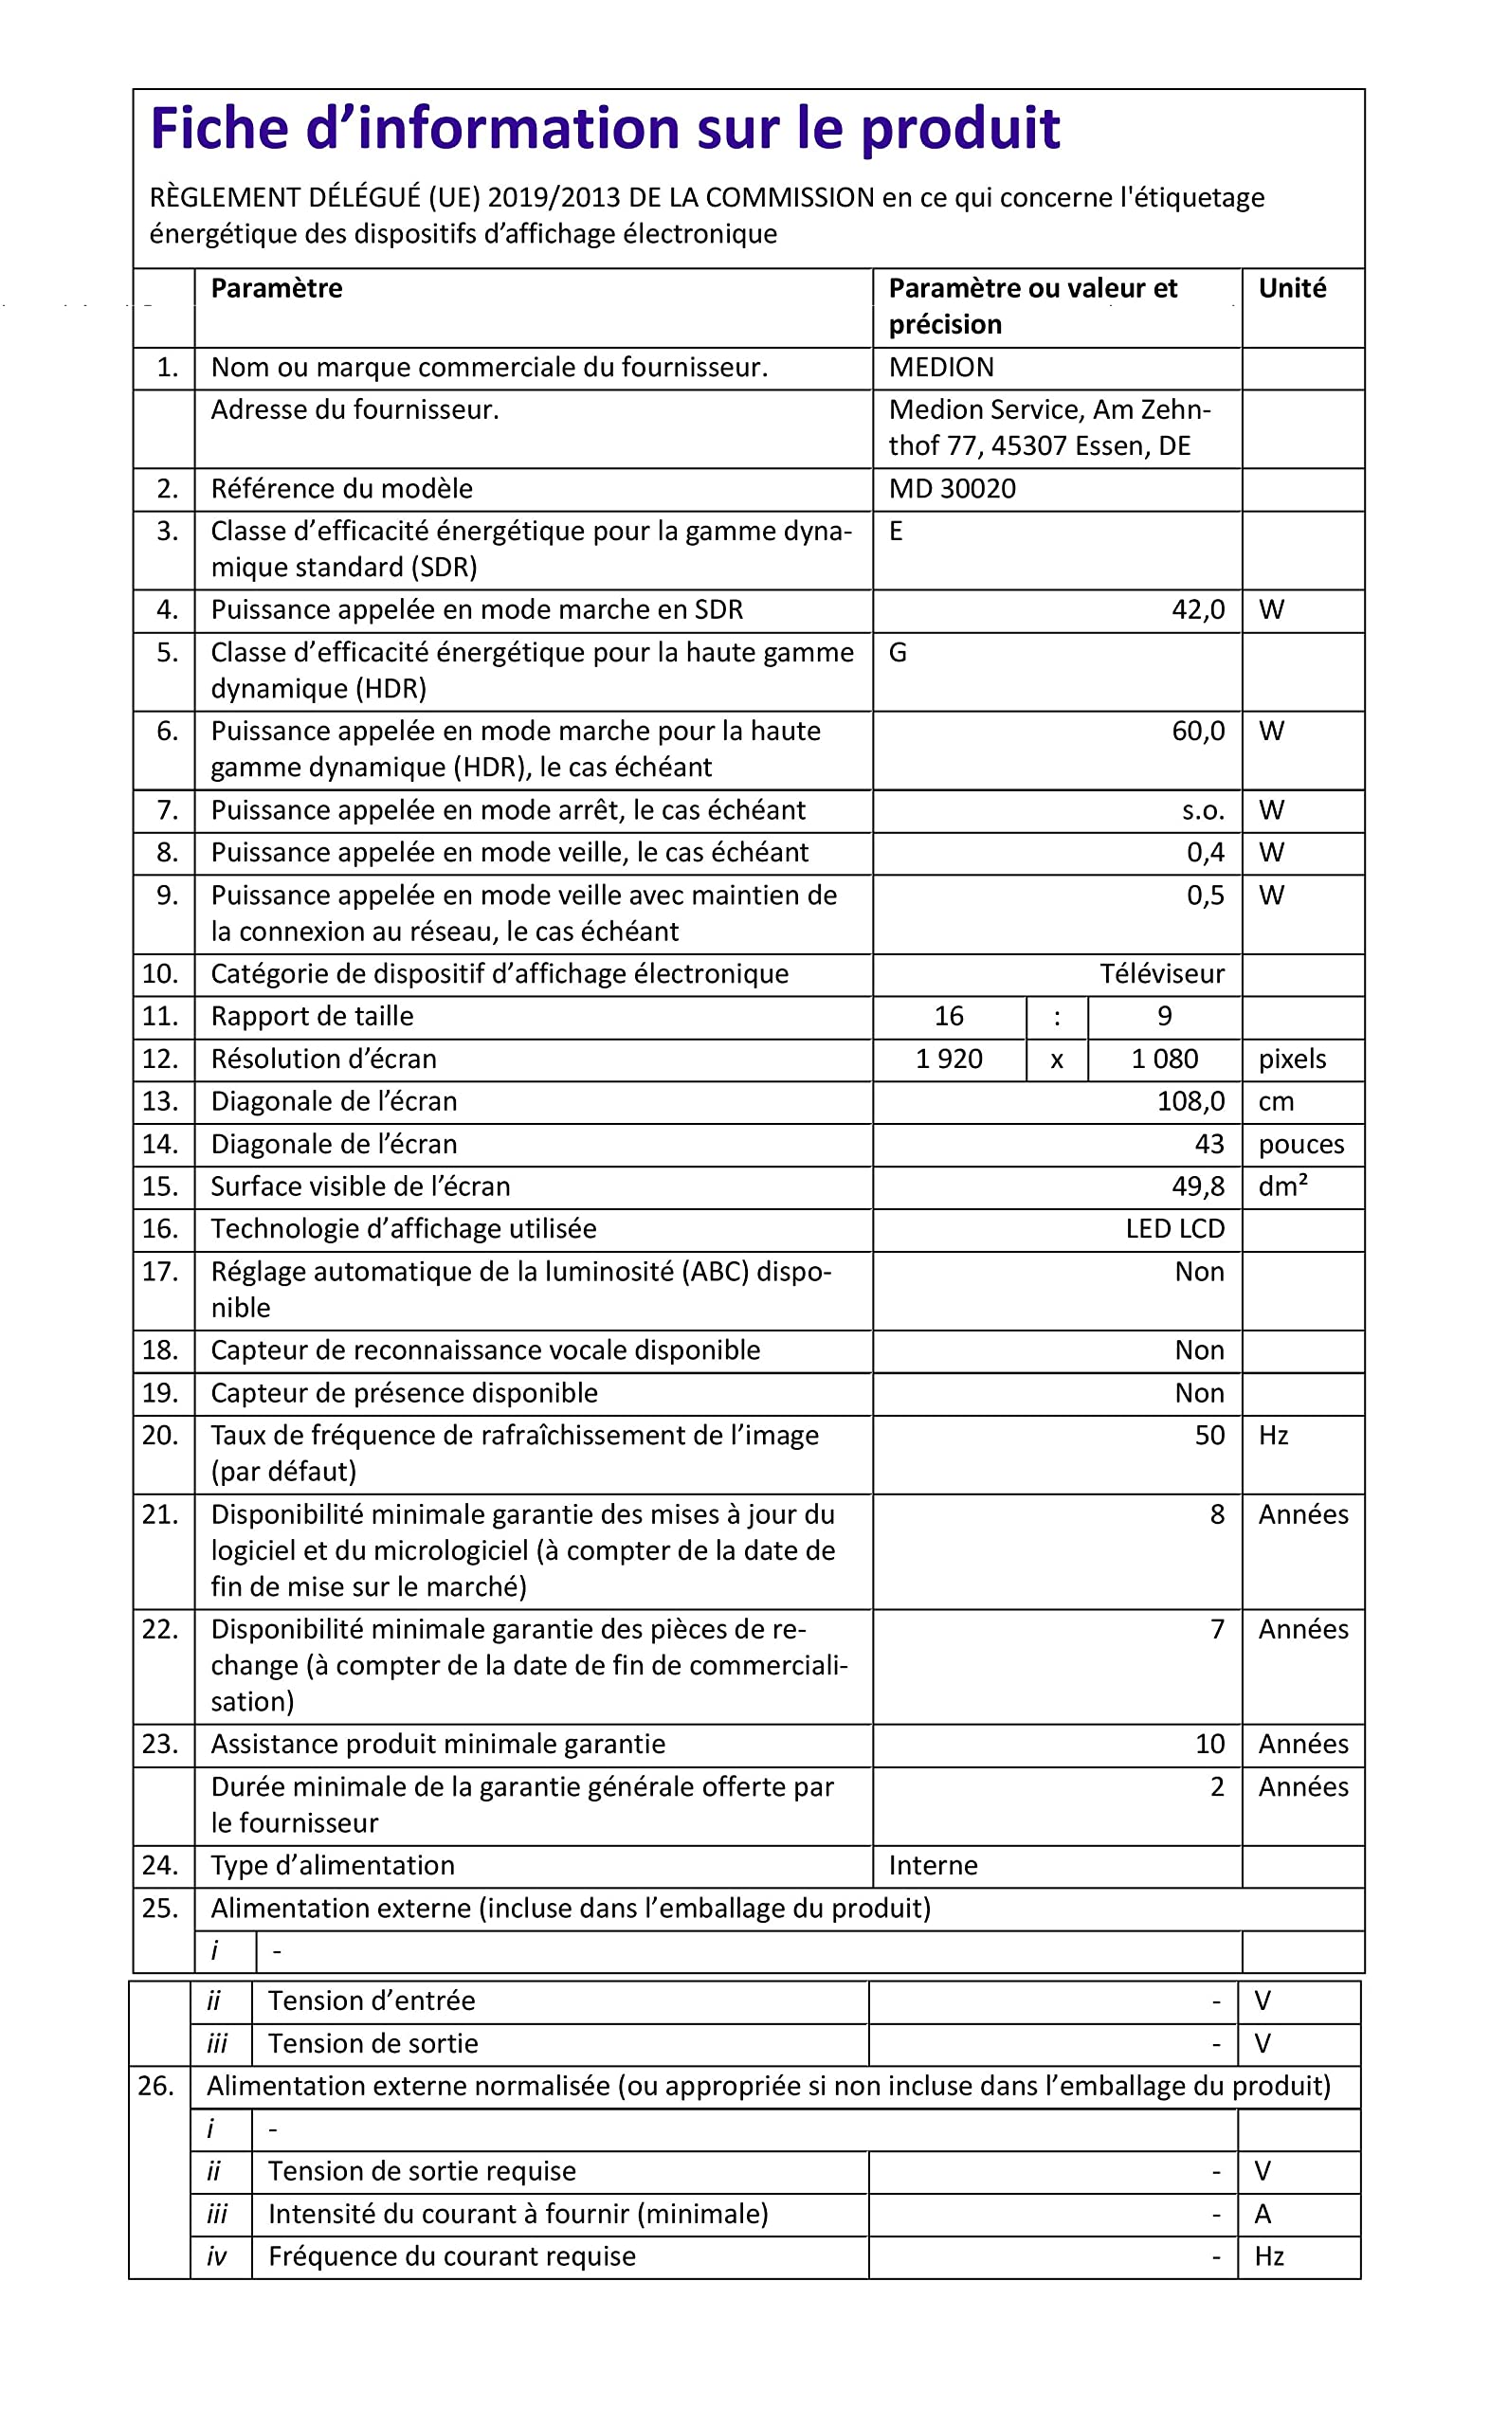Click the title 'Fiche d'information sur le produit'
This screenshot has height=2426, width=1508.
605,129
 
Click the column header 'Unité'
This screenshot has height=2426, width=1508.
1292,289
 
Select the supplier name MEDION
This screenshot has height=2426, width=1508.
940,368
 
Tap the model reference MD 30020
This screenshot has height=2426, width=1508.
952,490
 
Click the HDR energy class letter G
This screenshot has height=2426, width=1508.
898,653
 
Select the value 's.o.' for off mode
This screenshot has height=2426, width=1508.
1202,810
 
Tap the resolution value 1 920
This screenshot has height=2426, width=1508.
949,1059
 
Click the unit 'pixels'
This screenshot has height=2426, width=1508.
1292,1059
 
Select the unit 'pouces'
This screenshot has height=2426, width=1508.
1300,1145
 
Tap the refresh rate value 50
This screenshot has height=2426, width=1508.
1208,1436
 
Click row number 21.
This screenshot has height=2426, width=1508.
159,1514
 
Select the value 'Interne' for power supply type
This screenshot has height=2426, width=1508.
933,1866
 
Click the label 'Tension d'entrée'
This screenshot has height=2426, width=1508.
371,2001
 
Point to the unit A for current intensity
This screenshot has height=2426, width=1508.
1263,2215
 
